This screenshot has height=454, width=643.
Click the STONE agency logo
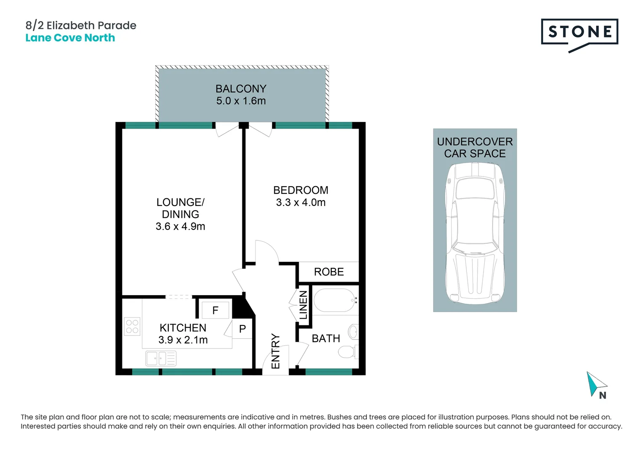pos(579,35)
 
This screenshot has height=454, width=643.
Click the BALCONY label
pos(241,89)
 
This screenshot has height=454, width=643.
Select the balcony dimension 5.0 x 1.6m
pos(241,101)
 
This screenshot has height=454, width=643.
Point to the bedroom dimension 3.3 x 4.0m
pos(300,203)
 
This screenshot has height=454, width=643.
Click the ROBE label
pos(329,272)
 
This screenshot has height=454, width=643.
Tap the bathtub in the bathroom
pos(335,300)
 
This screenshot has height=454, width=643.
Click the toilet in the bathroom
pos(348,351)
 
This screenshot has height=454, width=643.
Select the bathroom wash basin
pos(353,332)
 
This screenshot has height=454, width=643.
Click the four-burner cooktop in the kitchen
pos(132,326)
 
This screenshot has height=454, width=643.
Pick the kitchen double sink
pos(161,359)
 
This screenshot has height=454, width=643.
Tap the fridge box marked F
pos(215,310)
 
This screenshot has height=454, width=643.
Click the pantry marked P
pos(242,329)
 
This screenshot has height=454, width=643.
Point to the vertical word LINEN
pos(303,305)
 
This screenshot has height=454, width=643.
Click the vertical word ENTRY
pos(275,351)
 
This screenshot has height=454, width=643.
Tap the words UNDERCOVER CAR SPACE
pos(475,148)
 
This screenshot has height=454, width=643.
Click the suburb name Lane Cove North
pos(70,38)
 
